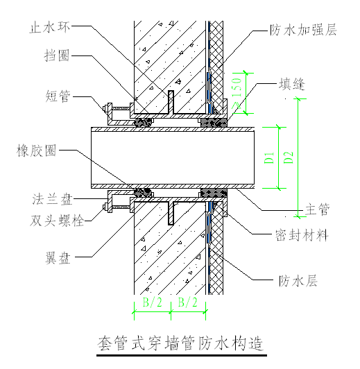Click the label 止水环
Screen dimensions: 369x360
tap(50, 28)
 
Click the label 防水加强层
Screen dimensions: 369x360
tap(302, 31)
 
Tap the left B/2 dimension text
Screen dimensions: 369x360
tap(152, 302)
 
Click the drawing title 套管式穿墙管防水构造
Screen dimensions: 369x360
tap(180, 343)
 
